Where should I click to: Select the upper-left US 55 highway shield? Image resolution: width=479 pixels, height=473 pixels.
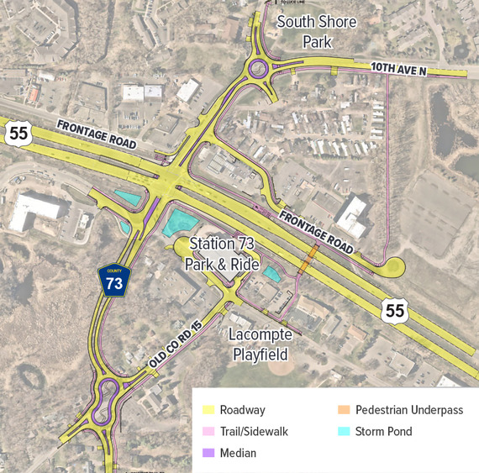click(18, 131)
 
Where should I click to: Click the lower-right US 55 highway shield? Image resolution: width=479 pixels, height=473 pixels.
click(396, 311)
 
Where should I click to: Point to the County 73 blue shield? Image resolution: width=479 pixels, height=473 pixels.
click(113, 281)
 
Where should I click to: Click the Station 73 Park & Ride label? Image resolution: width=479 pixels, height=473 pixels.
click(224, 254)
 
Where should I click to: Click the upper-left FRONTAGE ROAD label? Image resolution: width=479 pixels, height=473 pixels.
click(97, 135)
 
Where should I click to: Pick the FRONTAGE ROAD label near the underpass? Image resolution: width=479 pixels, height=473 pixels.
click(317, 230)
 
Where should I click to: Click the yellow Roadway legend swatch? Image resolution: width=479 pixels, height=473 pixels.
click(208, 410)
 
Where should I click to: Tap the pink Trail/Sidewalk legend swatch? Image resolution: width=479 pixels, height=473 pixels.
click(208, 432)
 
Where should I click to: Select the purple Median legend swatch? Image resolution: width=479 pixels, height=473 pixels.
click(208, 454)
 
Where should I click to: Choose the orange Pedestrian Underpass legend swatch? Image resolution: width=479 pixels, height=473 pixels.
click(343, 410)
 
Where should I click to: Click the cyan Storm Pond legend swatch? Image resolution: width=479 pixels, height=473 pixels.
click(343, 432)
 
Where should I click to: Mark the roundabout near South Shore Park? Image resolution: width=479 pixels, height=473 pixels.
click(260, 68)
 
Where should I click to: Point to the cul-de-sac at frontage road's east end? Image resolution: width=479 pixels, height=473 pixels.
click(393, 268)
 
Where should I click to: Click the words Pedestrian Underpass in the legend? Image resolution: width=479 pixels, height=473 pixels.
click(409, 410)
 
